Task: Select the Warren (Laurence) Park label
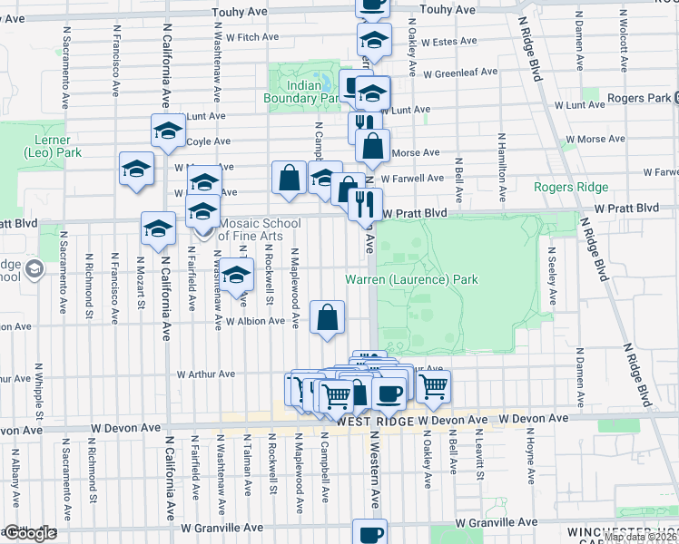click(411, 279)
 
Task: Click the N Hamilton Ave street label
click(500, 168)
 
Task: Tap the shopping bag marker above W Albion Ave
click(328, 317)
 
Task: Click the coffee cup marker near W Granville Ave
click(369, 533)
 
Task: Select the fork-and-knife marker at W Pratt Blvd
click(366, 204)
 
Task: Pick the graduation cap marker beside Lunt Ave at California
click(167, 131)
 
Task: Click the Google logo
click(29, 533)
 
